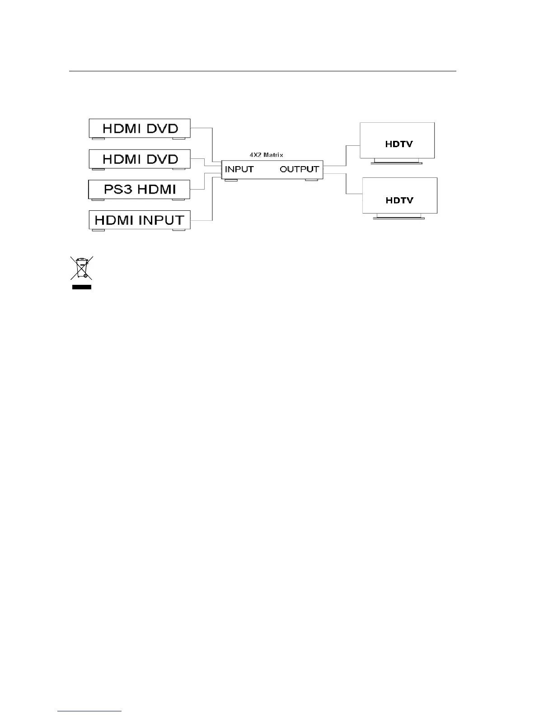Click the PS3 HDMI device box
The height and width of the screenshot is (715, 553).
139,189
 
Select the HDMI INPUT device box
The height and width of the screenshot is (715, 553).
139,220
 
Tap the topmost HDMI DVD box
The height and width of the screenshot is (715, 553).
139,128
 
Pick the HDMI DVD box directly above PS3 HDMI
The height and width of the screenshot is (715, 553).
139,159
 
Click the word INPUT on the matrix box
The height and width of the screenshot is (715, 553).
239,170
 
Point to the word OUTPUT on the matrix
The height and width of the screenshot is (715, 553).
299,170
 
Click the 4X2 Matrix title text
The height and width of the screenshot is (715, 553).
267,155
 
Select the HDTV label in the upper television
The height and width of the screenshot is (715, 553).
399,144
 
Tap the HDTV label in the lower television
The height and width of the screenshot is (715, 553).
399,200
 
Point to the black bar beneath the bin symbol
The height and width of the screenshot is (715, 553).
82,287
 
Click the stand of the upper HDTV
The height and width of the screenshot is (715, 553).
397,161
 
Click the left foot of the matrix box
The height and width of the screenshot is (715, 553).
231,181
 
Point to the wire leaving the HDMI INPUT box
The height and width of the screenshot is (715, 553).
202,220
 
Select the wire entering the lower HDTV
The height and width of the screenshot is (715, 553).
354,194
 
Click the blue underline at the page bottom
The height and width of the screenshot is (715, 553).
90,711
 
